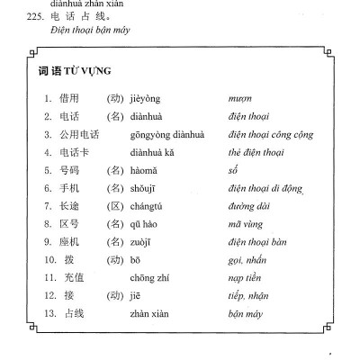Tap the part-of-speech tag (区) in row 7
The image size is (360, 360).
(113, 201)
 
